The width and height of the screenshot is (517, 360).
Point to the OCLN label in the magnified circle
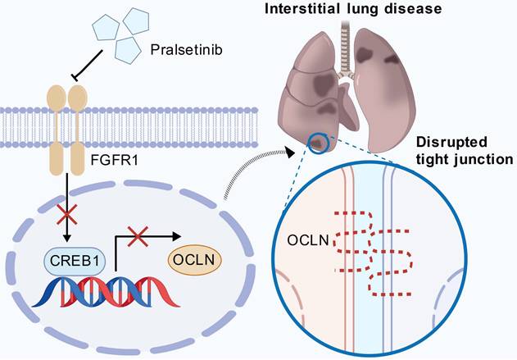(x=307, y=241)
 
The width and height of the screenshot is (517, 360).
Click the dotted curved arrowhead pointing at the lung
(x=288, y=149)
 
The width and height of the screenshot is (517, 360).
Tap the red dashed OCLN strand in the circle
(x=373, y=250)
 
